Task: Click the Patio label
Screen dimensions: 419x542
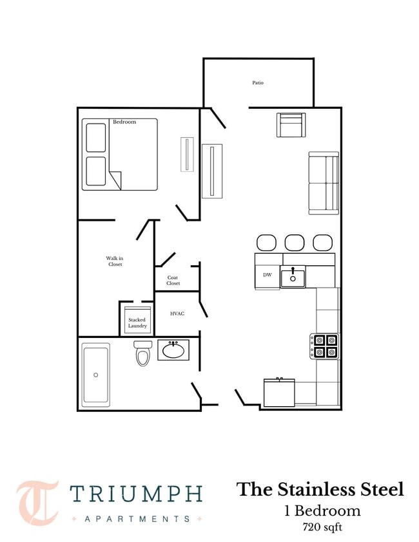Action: (x=258, y=82)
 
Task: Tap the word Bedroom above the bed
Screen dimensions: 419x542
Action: (x=124, y=122)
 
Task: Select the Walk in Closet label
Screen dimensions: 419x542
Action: (x=115, y=261)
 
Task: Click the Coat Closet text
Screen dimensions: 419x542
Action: (x=173, y=280)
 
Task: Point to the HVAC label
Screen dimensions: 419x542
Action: (x=177, y=313)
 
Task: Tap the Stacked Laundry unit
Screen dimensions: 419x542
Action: (x=137, y=320)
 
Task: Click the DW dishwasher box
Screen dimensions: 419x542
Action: (x=268, y=275)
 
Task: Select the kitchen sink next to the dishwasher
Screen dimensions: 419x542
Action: (x=293, y=277)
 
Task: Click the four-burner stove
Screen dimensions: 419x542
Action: (x=324, y=346)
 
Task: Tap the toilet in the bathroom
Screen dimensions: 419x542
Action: (x=142, y=353)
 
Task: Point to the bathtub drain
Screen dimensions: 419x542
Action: (x=95, y=375)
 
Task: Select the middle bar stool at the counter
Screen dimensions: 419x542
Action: (x=295, y=243)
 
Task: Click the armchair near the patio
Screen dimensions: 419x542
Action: (x=291, y=125)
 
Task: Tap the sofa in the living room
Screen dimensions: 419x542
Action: (x=324, y=183)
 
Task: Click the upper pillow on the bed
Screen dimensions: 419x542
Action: (x=96, y=138)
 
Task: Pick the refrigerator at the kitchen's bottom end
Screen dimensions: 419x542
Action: (x=279, y=392)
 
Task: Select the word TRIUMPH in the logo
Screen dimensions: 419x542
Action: (x=137, y=494)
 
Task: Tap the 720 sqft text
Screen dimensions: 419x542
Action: (x=322, y=527)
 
